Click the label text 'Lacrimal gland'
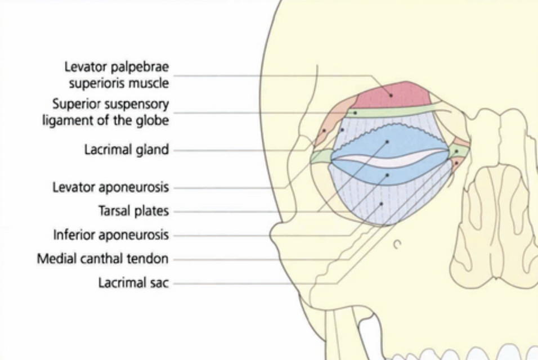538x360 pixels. [x=127, y=151]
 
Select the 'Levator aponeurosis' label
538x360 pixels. [x=110, y=187]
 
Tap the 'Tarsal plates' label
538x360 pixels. [x=134, y=211]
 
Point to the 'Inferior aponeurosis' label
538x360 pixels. [x=111, y=235]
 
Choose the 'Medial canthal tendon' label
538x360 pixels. [x=102, y=259]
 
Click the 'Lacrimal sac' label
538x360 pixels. [x=133, y=283]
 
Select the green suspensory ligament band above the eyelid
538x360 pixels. [x=394, y=110]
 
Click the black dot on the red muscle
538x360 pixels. [x=391, y=95]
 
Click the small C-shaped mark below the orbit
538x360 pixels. [x=397, y=244]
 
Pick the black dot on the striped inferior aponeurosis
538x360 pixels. [x=382, y=204]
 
